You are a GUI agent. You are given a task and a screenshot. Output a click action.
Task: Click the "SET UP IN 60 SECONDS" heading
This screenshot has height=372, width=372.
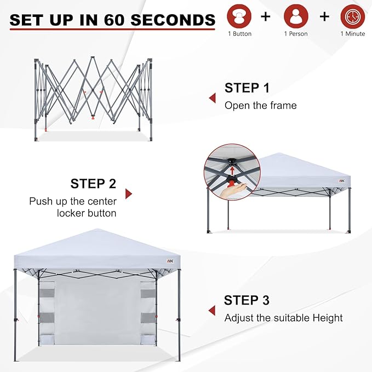[112, 20]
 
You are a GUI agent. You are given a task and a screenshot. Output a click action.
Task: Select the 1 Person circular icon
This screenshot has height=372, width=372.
[296, 16]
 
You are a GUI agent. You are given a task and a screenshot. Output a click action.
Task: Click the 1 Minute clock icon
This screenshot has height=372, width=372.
[352, 16]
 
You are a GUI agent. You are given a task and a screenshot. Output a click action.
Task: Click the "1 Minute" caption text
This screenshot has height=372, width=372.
[352, 35]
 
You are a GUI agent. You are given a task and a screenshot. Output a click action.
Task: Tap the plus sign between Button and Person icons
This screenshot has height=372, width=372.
[266, 16]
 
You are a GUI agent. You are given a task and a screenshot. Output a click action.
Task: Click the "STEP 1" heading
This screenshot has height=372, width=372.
[247, 88]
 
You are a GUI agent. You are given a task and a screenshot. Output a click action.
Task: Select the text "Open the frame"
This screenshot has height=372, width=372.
[260, 105]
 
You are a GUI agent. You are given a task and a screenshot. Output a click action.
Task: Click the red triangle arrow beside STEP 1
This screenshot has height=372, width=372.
[212, 98]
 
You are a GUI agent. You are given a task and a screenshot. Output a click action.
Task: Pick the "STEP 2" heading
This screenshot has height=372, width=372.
[93, 184]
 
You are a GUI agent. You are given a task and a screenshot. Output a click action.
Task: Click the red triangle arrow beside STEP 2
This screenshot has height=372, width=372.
[129, 194]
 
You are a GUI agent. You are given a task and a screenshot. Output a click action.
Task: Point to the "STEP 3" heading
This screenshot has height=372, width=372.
[247, 300]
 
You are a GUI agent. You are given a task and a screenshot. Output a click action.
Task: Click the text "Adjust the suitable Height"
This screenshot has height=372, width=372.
[283, 318]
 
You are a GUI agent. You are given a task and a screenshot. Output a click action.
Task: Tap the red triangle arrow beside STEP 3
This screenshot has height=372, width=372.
[211, 311]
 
